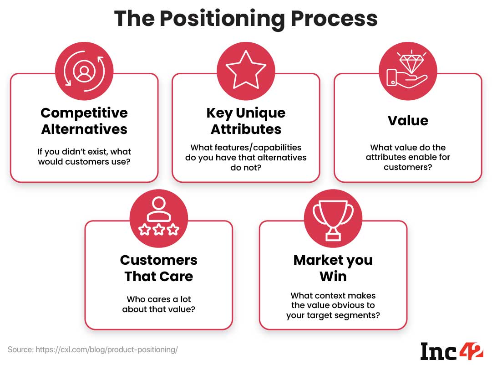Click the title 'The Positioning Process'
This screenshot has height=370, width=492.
tap(246, 18)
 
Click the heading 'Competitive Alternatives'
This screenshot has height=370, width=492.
tap(84, 121)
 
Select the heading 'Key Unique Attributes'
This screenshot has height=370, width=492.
tap(246, 121)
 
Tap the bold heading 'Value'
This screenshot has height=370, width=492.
tap(408, 120)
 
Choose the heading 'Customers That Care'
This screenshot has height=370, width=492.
tap(159, 268)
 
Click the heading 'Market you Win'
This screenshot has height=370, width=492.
tap(333, 268)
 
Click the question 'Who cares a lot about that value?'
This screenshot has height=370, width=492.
tap(159, 304)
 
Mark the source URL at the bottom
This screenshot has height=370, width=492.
tap(93, 350)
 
